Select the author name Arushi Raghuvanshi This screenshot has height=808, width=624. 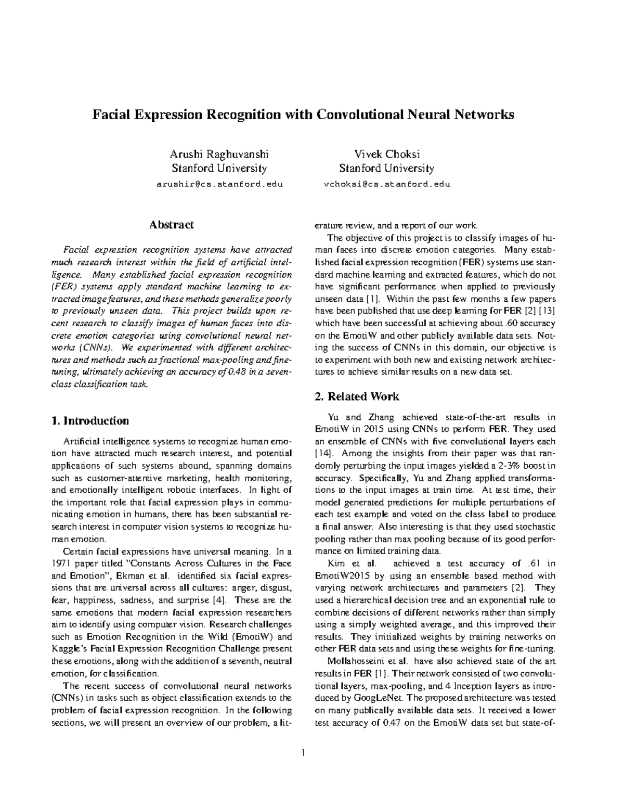click(x=219, y=154)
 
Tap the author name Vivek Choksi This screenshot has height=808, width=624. click(x=387, y=154)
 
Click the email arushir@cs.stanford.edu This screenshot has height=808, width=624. click(x=219, y=184)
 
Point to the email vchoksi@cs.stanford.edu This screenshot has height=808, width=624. click(x=387, y=184)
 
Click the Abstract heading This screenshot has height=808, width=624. click(x=172, y=225)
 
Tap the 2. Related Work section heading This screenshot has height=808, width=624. click(x=357, y=396)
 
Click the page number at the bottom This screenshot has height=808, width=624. click(x=303, y=752)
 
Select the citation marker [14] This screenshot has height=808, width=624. click(x=324, y=453)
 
